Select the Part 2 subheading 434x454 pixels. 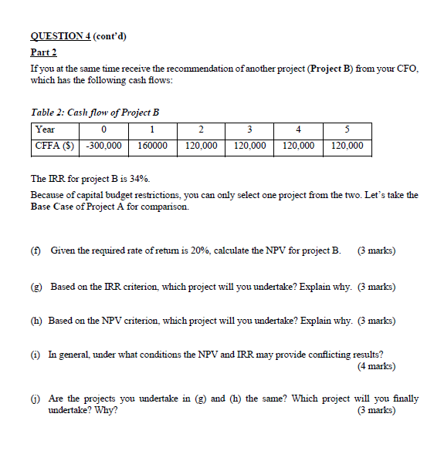44,52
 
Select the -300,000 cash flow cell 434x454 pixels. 103,145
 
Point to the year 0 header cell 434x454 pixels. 103,129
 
